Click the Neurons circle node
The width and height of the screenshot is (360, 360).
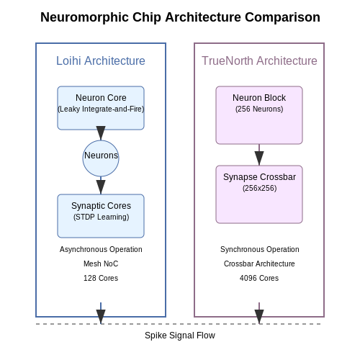point(101,158)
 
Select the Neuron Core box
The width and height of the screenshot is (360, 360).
point(101,108)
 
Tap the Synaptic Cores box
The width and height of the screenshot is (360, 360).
point(101,216)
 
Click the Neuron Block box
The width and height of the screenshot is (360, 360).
point(259,115)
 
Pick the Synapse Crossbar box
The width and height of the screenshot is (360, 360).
point(259,194)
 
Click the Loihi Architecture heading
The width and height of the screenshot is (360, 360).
point(101,60)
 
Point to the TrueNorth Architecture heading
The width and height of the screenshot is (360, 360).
point(259,60)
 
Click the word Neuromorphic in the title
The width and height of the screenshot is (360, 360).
point(84,17)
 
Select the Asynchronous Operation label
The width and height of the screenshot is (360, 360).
point(101,249)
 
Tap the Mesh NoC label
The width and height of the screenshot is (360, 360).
point(101,264)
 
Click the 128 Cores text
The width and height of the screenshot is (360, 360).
point(101,278)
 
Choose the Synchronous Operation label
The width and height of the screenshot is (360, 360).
point(260,249)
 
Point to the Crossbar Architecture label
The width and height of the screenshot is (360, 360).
point(259,264)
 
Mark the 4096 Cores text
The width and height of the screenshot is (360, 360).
point(259,278)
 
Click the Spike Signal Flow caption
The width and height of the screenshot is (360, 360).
point(180,336)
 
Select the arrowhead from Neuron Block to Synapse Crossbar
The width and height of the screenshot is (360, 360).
point(259,158)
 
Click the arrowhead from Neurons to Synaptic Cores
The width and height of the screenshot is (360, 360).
point(101,187)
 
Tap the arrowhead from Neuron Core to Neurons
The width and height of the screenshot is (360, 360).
point(101,133)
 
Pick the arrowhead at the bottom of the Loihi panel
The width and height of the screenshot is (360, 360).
point(101,317)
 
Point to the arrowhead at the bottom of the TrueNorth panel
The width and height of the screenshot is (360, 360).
point(259,317)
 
